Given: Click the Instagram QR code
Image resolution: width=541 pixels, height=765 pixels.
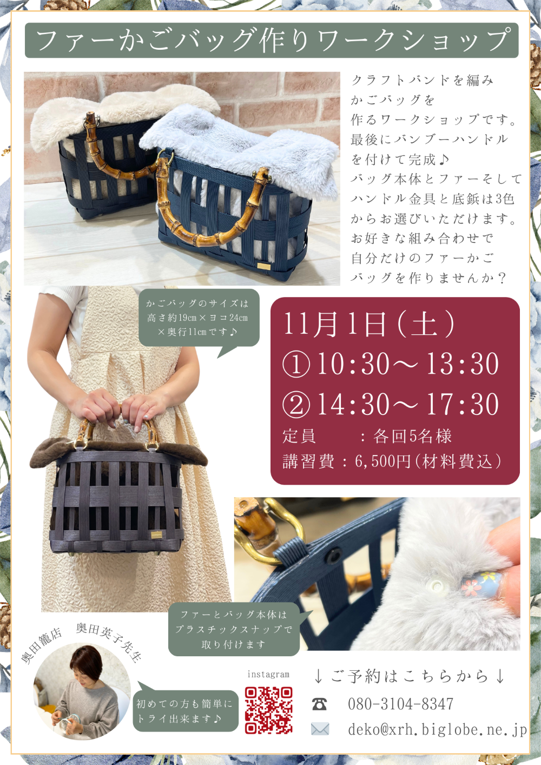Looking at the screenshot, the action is (x=268, y=710).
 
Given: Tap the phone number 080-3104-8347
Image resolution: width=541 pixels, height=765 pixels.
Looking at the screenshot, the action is (x=401, y=704).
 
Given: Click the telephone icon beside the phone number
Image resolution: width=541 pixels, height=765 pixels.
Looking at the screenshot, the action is (x=319, y=704).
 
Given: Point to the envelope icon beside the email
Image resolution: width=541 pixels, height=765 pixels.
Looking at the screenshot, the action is (x=320, y=729).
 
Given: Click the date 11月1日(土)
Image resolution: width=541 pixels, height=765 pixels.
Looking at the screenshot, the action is (x=369, y=324).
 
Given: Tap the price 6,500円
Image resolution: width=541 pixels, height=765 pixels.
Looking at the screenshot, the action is (x=382, y=461).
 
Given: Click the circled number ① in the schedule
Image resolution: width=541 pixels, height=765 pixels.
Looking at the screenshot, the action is (x=296, y=365).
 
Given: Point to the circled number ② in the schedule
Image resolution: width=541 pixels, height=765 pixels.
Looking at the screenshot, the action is (x=296, y=405).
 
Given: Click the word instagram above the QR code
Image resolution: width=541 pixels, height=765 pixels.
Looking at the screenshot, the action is (x=268, y=674).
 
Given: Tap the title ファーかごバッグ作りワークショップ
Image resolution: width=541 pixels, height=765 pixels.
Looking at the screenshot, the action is (x=272, y=40).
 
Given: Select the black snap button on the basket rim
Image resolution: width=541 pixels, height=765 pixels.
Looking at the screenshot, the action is (x=334, y=555).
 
